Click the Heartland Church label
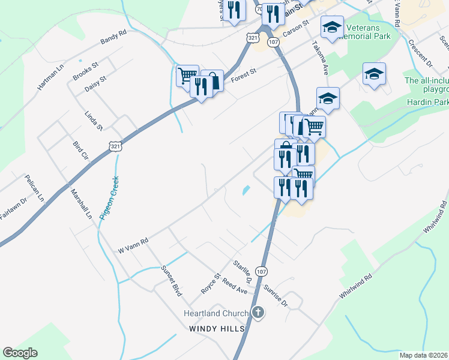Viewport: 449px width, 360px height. pyautogui.click(x=215, y=314)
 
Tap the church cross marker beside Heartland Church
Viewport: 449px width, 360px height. pyautogui.click(x=258, y=313)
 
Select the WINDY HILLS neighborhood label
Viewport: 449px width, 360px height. pyautogui.click(x=217, y=329)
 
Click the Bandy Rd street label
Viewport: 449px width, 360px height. pyautogui.click(x=113, y=37)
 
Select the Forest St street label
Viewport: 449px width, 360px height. pyautogui.click(x=244, y=75)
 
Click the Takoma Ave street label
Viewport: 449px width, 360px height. pyautogui.click(x=321, y=58)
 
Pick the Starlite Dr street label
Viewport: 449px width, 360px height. pyautogui.click(x=241, y=271)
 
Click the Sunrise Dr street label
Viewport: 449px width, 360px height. pyautogui.click(x=276, y=295)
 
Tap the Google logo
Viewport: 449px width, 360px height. pyautogui.click(x=20, y=353)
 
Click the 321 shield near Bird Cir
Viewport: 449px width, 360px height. pyautogui.click(x=116, y=145)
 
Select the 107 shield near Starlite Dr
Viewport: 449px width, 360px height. pyautogui.click(x=262, y=271)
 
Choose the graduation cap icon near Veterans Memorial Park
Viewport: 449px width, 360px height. pyautogui.click(x=332, y=26)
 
